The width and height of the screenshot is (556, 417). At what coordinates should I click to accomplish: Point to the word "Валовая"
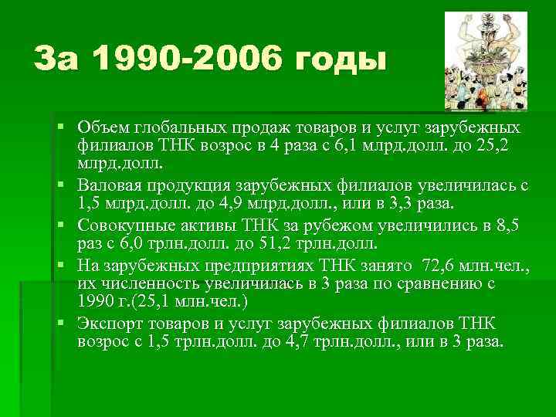(x=110, y=186)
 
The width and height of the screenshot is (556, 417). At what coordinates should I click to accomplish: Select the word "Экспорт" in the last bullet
(x=108, y=323)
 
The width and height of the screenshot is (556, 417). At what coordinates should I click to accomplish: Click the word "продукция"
(x=195, y=186)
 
